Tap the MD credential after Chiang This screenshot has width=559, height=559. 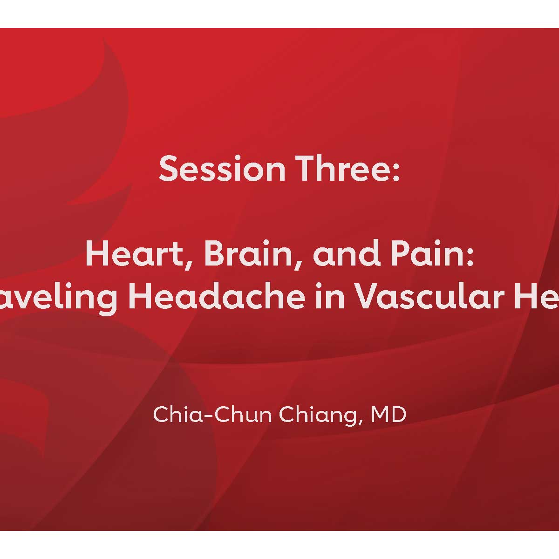pyautogui.click(x=389, y=415)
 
